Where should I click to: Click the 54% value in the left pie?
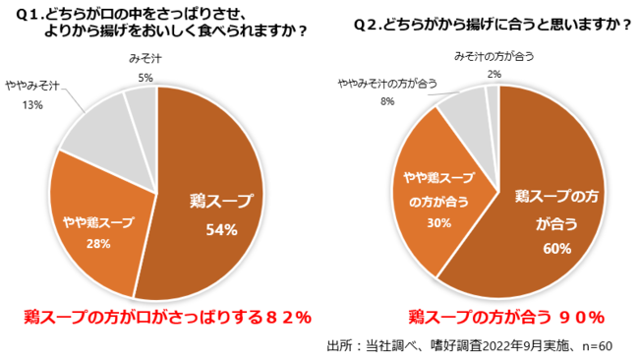[x=221, y=230]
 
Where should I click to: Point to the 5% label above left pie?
[x=145, y=77]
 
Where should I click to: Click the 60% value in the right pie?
[x=556, y=248]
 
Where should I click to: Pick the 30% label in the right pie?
[x=439, y=223]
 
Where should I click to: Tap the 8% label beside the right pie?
[x=387, y=100]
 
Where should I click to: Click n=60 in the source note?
[x=594, y=345]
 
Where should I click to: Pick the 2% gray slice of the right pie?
[x=494, y=96]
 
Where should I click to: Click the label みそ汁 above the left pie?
[x=145, y=60]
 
